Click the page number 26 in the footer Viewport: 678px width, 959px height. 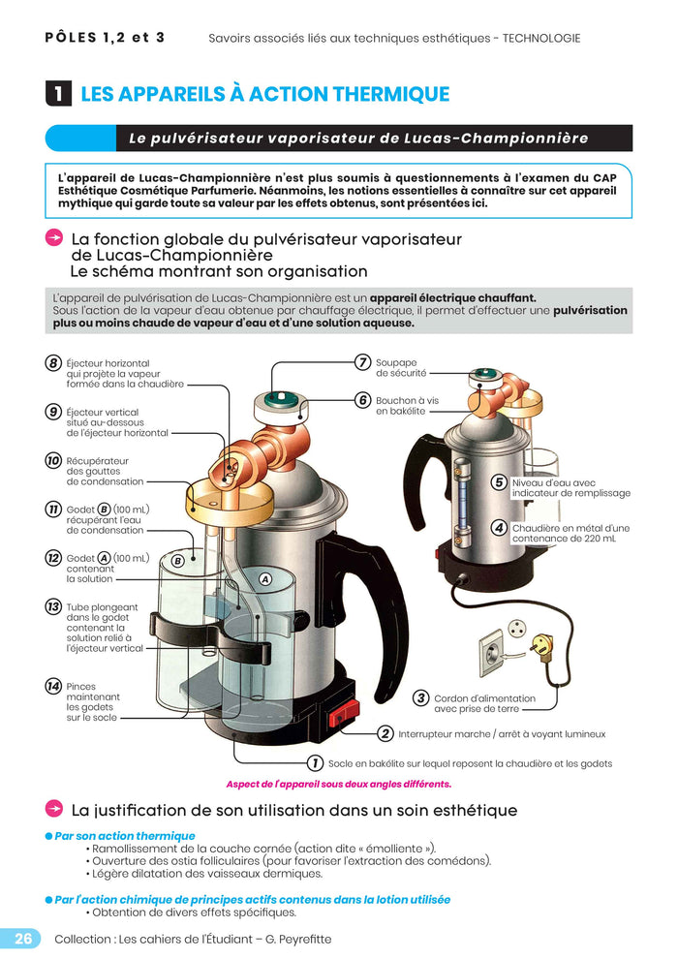[23, 938]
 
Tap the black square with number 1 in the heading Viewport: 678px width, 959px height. [58, 94]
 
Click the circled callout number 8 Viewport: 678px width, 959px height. [53, 363]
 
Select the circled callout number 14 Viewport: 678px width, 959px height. [53, 686]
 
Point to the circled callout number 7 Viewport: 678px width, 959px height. [362, 362]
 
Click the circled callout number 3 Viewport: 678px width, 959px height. [420, 697]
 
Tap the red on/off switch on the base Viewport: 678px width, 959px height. [339, 718]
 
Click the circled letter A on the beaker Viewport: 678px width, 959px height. [263, 578]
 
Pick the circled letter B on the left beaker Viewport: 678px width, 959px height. [177, 560]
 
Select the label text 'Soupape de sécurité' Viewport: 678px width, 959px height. [401, 367]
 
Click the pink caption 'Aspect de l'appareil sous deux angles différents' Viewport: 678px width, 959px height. [338, 784]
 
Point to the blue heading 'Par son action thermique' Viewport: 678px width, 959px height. [124, 835]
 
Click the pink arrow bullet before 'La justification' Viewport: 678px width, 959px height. [54, 809]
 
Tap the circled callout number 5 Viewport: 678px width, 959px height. [499, 482]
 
